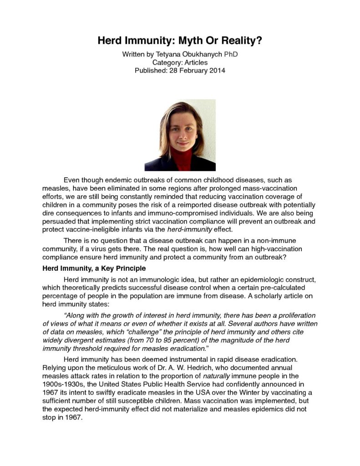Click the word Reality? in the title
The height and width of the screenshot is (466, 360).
click(x=243, y=41)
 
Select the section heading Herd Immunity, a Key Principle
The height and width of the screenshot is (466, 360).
click(x=94, y=268)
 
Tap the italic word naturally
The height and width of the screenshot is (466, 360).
click(x=217, y=375)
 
